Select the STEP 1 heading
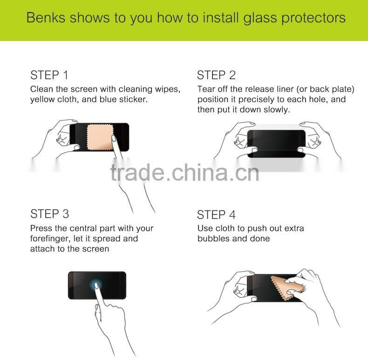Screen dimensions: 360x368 click(x=49, y=75)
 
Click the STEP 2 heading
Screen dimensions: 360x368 click(x=216, y=75)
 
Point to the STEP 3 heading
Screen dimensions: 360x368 click(x=49, y=214)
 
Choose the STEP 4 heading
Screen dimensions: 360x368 click(x=216, y=215)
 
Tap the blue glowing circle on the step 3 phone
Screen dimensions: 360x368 click(x=97, y=285)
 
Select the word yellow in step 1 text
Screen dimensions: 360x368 click(x=42, y=99)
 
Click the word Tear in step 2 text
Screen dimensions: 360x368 click(x=206, y=89)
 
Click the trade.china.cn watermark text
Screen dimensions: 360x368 click(x=184, y=172)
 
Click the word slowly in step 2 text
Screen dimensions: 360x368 click(x=277, y=109)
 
